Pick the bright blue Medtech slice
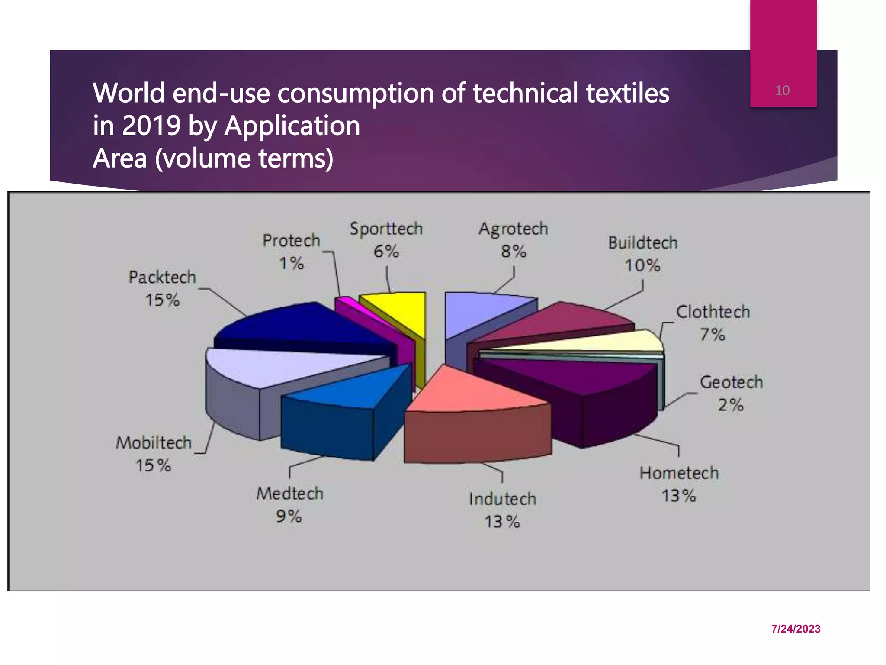click(355, 390)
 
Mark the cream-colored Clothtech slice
click(606, 342)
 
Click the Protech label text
click(291, 241)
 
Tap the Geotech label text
click(731, 382)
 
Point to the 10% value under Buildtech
click(642, 265)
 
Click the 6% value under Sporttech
click(386, 251)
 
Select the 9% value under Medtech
click(289, 516)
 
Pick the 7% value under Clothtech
click(712, 334)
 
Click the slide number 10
click(782, 90)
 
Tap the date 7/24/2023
click(796, 629)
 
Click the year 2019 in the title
click(151, 126)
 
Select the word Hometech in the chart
click(679, 473)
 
